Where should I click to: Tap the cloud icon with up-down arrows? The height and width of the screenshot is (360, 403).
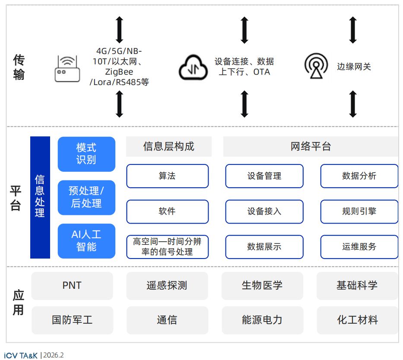[x=193, y=67]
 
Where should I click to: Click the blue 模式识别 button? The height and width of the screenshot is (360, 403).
[x=86, y=154]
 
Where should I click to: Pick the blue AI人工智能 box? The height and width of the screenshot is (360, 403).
[x=86, y=241]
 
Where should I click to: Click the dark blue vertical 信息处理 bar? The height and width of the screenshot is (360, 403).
[x=40, y=197]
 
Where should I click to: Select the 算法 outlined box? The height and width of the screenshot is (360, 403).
[x=167, y=176]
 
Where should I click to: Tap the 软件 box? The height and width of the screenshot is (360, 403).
[x=167, y=212]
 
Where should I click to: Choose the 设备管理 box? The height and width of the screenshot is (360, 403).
[x=264, y=176]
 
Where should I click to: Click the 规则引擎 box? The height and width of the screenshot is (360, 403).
[x=359, y=212]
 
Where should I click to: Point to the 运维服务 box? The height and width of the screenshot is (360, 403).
[x=359, y=247]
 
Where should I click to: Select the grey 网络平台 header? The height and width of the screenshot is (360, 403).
[x=311, y=147]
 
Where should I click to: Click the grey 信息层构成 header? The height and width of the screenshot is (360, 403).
[x=168, y=147]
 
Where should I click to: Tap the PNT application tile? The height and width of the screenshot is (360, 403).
[x=72, y=286]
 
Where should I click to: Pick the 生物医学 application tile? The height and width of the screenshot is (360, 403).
[x=262, y=286]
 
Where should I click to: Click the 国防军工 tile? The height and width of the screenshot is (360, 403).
[x=72, y=320]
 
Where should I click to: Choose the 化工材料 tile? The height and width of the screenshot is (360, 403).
[x=357, y=320]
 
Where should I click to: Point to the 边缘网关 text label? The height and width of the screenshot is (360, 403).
[x=354, y=66]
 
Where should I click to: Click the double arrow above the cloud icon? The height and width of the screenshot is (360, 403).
[x=244, y=30]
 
